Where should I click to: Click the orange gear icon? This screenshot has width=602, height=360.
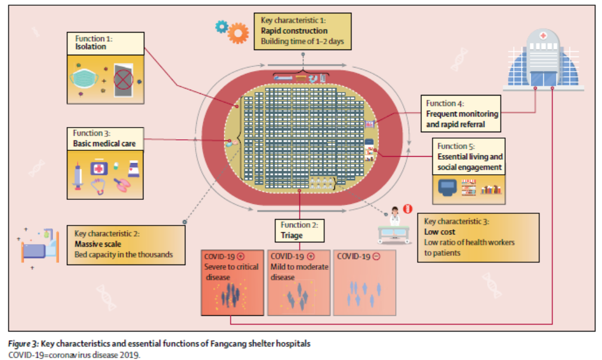238,33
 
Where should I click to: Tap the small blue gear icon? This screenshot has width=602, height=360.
221,26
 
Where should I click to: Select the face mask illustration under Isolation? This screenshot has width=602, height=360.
84,78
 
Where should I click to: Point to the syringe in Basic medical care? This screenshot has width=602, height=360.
78,176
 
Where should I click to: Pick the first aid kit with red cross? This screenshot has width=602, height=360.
98,168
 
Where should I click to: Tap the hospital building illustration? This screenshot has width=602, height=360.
543,59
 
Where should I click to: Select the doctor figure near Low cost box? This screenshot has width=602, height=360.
395,217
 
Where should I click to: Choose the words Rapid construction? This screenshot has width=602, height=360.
294,31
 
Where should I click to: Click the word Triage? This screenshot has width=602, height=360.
292,235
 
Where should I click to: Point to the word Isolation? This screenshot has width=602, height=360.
90,47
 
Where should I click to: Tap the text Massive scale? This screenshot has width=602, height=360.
98,244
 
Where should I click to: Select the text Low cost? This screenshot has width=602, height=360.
439,232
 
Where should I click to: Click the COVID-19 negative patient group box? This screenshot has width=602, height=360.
364,283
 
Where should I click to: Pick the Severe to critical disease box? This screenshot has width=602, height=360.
233,283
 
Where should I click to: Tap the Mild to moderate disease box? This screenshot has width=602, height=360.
299,283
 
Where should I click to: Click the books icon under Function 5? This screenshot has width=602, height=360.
491,189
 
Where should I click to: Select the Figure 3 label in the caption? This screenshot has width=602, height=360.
23,344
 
